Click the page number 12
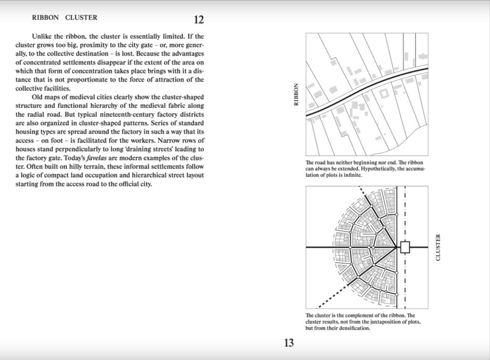pos(199,20)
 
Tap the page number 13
pos(289,343)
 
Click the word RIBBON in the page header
pos(45,18)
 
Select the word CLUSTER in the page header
pos(81,18)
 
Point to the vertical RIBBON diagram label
pos(296,95)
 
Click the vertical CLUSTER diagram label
pos(438,247)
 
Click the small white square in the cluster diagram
pos(405,247)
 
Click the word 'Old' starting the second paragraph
pos(38,98)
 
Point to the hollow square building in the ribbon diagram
pos(383,94)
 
